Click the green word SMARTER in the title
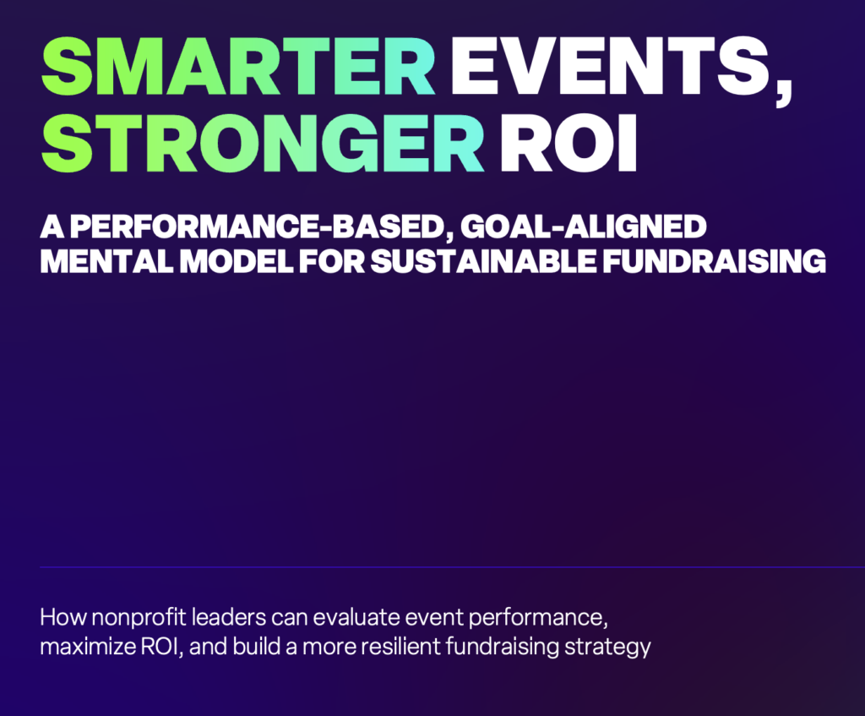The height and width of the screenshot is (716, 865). (238, 66)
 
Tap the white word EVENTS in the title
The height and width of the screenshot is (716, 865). (609, 66)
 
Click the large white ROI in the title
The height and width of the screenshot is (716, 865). (569, 144)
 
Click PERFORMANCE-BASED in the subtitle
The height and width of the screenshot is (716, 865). (258, 227)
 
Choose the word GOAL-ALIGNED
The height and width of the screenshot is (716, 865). (583, 227)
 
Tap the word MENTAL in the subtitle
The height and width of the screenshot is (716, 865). (106, 262)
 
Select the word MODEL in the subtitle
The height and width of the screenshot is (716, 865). (237, 262)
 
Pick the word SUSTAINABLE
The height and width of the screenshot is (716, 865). (483, 262)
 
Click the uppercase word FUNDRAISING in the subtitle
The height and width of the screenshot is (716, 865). (714, 262)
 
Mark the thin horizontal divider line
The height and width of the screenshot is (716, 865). (453, 567)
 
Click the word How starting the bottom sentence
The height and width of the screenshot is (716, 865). (63, 616)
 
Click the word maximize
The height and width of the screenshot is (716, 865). (88, 647)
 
